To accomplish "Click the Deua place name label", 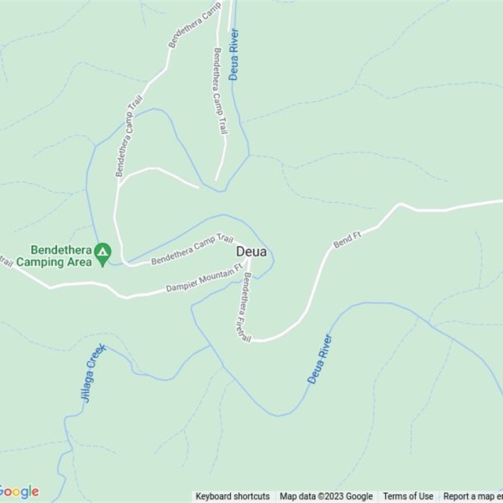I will coord(251,252).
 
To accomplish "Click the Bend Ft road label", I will coord(347,240).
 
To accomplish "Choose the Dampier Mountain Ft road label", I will coord(204,279).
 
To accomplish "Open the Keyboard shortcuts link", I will coord(233,496).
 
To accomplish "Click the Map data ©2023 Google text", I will coord(326,496).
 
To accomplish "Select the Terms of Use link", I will coord(408,496).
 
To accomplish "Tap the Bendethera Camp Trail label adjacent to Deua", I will coord(192,249).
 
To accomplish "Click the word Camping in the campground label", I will coord(42,262).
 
